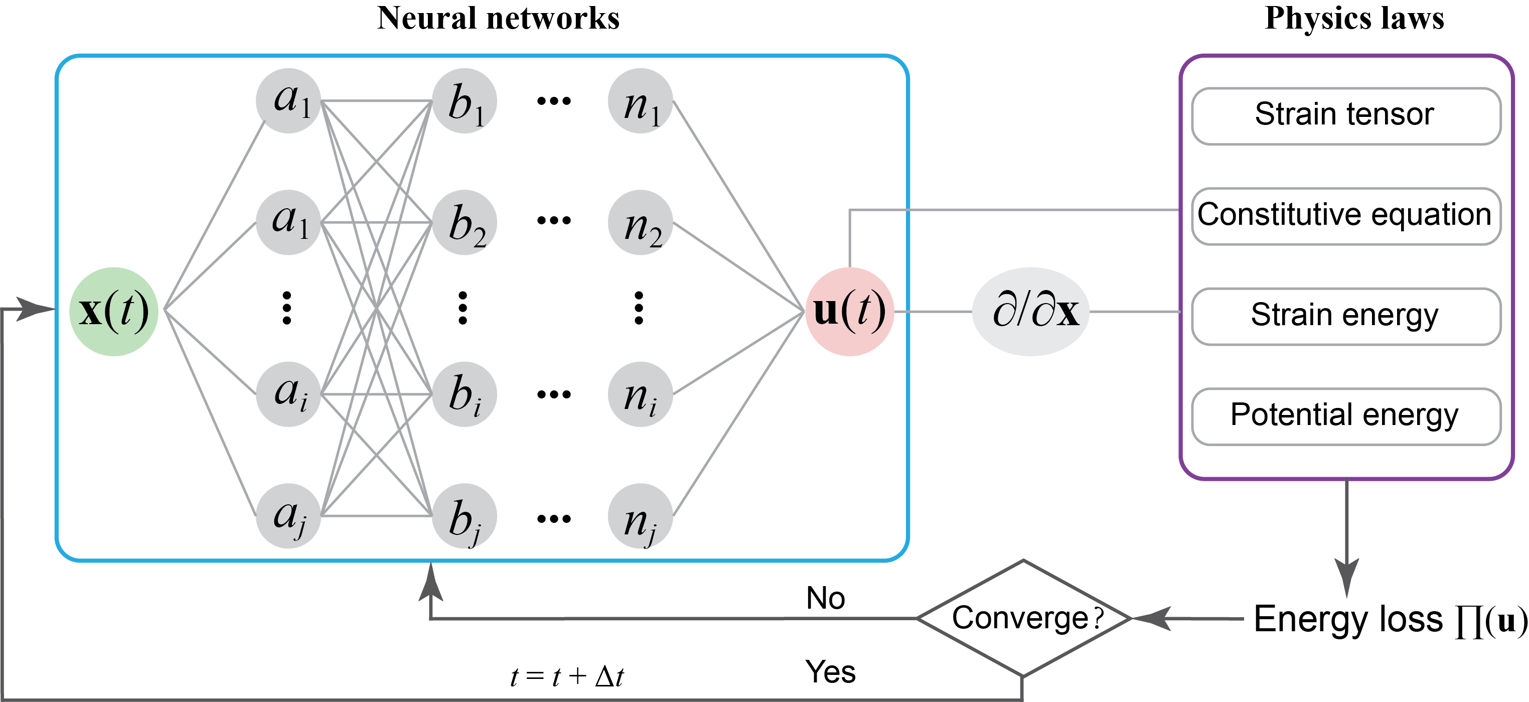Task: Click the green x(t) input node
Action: [113, 311]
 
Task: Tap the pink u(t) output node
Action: [849, 311]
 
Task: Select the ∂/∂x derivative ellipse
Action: [1031, 311]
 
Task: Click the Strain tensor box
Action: [1345, 116]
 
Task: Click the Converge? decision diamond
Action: [1023, 618]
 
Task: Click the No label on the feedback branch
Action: [825, 598]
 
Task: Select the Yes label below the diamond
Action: [830, 672]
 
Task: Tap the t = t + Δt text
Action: [567, 676]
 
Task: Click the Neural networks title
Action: [498, 18]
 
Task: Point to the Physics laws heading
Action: [1354, 18]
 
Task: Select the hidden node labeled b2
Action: [464, 223]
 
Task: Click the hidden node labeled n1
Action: [640, 101]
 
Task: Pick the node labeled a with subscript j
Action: [288, 515]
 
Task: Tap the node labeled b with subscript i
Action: [464, 394]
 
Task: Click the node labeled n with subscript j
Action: [640, 515]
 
